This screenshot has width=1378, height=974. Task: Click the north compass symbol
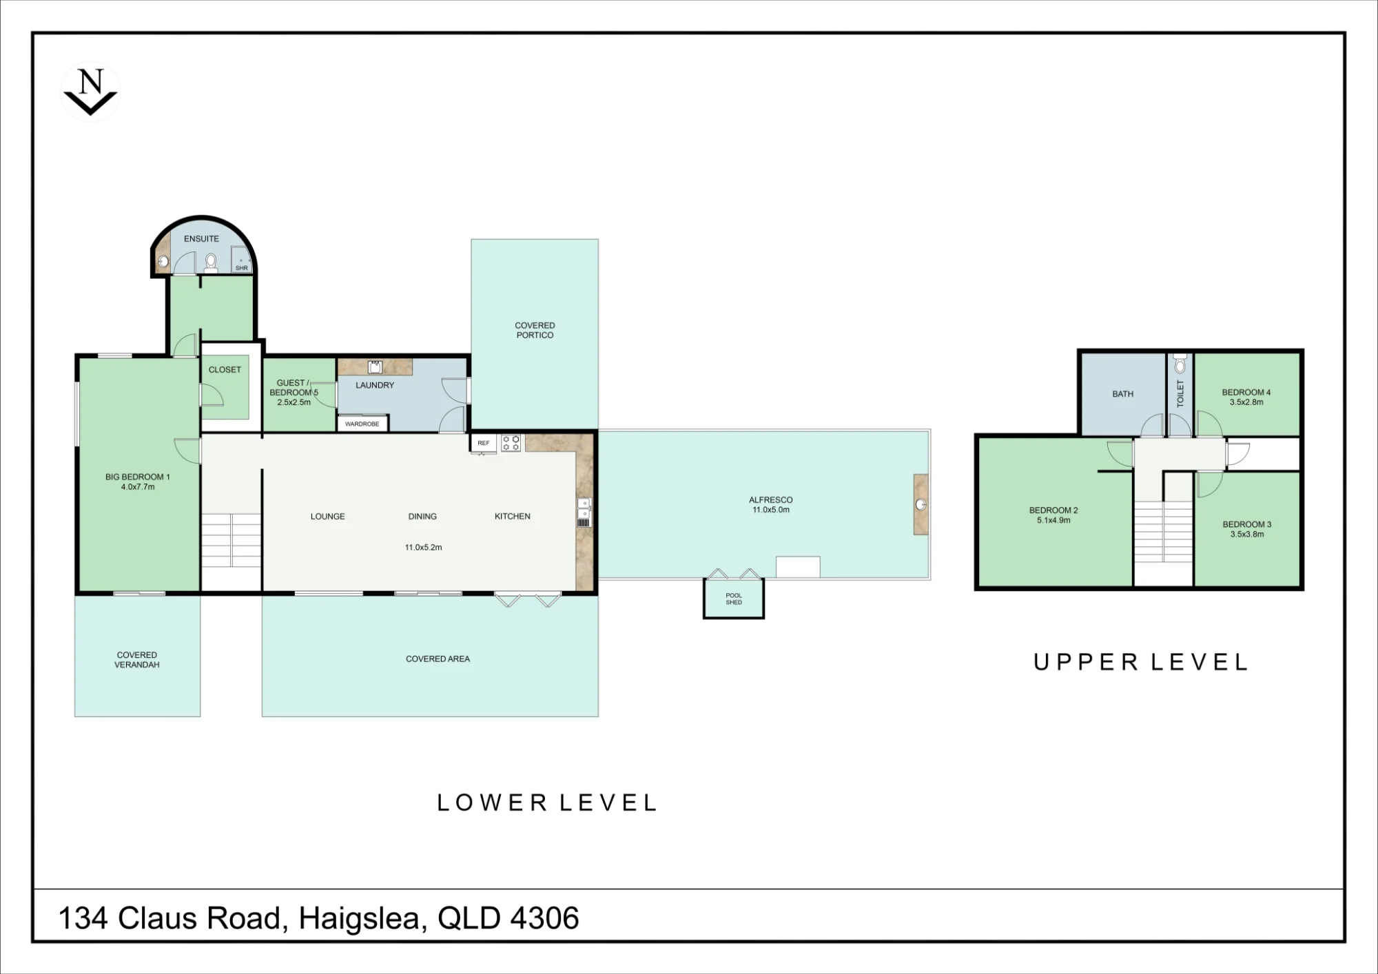[90, 92]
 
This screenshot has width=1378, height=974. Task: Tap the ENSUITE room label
[201, 239]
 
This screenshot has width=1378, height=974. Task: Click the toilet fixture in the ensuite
[211, 262]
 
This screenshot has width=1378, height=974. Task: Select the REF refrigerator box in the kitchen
[484, 443]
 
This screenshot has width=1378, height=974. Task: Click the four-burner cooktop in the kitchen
[511, 443]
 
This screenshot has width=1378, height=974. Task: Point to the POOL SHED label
[734, 599]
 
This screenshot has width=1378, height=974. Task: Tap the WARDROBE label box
[362, 424]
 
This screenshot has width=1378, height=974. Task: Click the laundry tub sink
[375, 366]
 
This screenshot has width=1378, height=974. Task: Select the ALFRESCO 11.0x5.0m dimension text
[771, 510]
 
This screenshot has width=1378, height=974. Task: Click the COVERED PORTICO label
[535, 330]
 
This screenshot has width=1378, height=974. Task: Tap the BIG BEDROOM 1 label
[138, 477]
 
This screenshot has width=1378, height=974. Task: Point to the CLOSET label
[225, 370]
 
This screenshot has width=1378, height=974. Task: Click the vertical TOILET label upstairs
[1180, 393]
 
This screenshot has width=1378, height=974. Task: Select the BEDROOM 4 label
[1246, 393]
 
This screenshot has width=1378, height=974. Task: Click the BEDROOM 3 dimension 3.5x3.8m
[1247, 534]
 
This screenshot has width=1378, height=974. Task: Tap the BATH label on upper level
[1123, 394]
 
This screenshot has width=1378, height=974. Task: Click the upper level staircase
[1164, 532]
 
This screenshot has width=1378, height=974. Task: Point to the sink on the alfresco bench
[921, 505]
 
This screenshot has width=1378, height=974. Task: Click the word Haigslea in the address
[359, 919]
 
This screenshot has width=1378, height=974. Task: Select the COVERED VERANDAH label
[137, 660]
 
